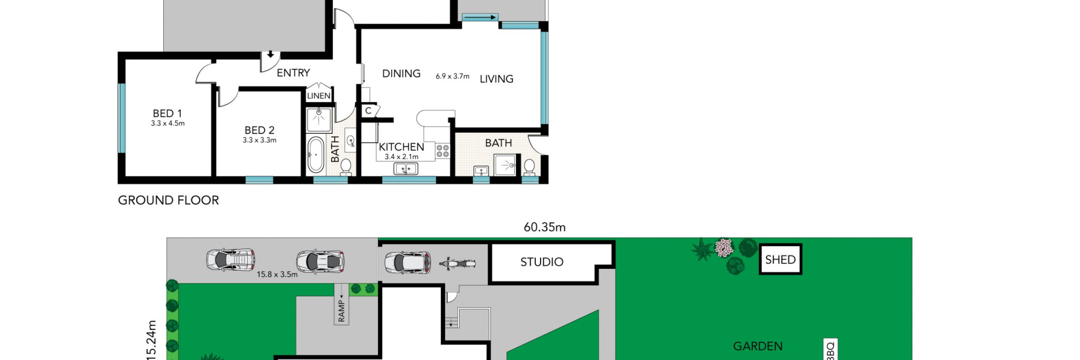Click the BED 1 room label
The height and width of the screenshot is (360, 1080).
(167, 113)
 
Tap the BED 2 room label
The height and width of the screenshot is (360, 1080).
(259, 130)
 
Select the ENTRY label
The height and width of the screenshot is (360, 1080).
(293, 73)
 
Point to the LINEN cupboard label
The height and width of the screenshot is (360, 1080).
(319, 96)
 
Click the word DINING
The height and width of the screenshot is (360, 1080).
(401, 73)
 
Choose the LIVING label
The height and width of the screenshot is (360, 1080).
(497, 79)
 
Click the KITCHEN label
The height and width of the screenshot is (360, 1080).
(401, 147)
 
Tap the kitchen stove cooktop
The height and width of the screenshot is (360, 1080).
(443, 151)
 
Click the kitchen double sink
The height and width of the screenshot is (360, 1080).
(406, 169)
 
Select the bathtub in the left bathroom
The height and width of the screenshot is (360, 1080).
(316, 154)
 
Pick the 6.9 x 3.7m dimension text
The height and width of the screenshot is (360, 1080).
(452, 76)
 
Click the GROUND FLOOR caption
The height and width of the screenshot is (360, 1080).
(169, 200)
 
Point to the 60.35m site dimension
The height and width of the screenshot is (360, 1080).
(545, 227)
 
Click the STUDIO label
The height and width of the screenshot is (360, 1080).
(542, 262)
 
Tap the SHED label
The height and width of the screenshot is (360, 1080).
(781, 260)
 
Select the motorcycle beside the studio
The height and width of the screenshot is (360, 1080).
(457, 263)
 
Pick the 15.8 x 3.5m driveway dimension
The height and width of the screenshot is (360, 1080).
(277, 274)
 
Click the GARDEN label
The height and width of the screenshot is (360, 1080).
(758, 346)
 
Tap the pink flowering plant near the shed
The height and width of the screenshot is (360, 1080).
(724, 247)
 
